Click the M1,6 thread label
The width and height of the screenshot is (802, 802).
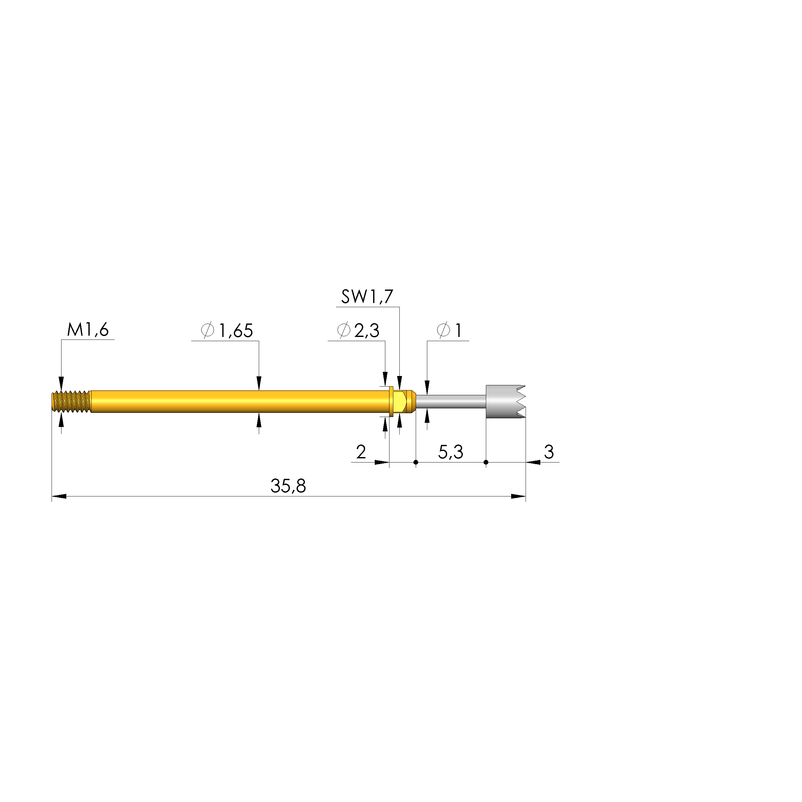point(88,330)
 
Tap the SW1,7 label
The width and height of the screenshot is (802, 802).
point(367,297)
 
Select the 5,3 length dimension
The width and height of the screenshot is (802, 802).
point(450,452)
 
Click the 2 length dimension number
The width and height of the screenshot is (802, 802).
point(361,452)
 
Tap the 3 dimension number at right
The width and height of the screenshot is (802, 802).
point(549,452)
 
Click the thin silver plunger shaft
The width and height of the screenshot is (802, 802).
point(450,401)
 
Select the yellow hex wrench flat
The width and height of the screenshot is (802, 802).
point(399,401)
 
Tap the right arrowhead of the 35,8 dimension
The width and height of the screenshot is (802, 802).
point(518,496)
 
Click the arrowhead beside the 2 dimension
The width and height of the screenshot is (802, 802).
point(381,462)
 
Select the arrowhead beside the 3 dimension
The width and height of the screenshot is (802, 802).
point(533,462)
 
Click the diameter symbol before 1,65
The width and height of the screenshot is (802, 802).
point(207,331)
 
